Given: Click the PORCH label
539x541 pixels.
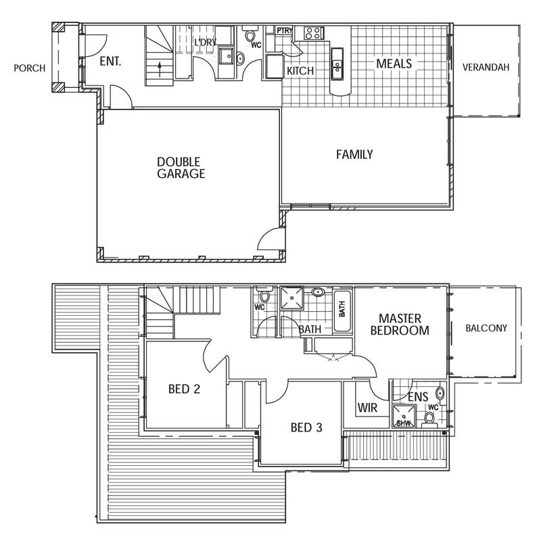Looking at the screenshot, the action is [29, 68].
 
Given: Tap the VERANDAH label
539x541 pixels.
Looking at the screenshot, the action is [486, 67].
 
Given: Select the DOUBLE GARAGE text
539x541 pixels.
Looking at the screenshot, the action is [181, 168].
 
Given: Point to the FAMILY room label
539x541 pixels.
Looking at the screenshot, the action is [354, 154].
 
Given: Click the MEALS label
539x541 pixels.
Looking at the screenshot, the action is [394, 64].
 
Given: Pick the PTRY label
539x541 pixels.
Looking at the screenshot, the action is [285, 30].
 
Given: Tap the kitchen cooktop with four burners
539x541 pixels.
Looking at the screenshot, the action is [313, 33].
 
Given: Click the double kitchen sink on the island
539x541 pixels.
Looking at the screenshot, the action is [337, 64].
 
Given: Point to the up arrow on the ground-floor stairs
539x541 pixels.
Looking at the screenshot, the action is [160, 70].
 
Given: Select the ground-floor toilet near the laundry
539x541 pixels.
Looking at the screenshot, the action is [250, 35].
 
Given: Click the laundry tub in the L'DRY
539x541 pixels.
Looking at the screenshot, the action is [227, 56].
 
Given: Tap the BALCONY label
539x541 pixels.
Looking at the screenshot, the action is [486, 328].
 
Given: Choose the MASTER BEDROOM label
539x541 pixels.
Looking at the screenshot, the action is [400, 325].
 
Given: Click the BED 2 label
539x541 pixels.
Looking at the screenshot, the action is [184, 389].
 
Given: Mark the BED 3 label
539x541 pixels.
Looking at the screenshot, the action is [306, 427].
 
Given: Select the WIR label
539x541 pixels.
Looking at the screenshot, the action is [367, 408].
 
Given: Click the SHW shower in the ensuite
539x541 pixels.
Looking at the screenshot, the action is [404, 416].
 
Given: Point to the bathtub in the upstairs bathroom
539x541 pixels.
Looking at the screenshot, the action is [342, 311].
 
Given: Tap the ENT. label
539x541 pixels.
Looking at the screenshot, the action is [110, 62].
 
